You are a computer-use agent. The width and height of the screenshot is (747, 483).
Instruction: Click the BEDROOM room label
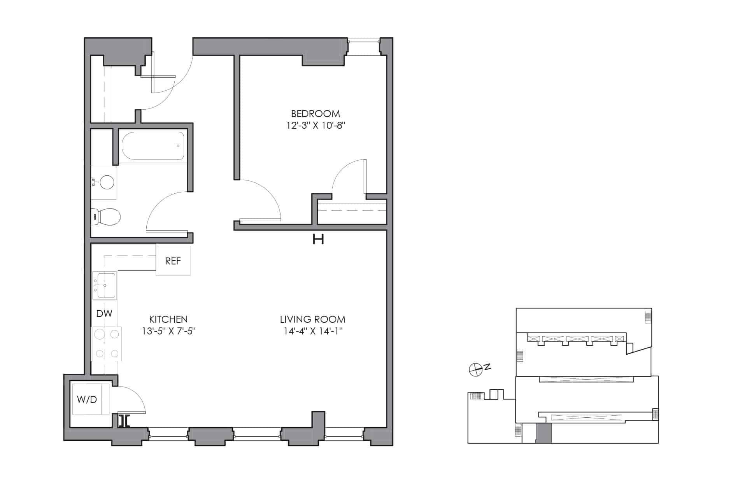click(x=316, y=114)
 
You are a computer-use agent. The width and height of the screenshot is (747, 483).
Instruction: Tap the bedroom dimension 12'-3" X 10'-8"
click(x=316, y=126)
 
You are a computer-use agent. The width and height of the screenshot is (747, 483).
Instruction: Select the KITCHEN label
click(x=168, y=319)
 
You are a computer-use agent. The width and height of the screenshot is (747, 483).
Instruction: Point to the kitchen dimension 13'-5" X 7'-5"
click(x=168, y=331)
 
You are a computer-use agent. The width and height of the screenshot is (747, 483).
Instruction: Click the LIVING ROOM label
click(x=313, y=319)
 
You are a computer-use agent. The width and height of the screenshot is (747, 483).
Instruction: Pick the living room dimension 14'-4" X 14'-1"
click(x=313, y=331)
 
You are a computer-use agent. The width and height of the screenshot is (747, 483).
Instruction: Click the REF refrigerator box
click(x=173, y=261)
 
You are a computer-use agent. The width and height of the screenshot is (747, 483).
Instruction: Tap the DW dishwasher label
click(x=104, y=313)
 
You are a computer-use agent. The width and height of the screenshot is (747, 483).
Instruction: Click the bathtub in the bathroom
click(x=153, y=146)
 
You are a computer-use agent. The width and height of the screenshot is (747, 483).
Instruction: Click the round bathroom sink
click(x=107, y=182)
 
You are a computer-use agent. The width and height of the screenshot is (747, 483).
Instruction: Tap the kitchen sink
click(x=105, y=285)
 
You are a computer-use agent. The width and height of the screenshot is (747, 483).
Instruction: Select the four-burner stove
click(x=107, y=344)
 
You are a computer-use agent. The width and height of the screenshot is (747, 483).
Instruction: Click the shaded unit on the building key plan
click(x=544, y=433)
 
